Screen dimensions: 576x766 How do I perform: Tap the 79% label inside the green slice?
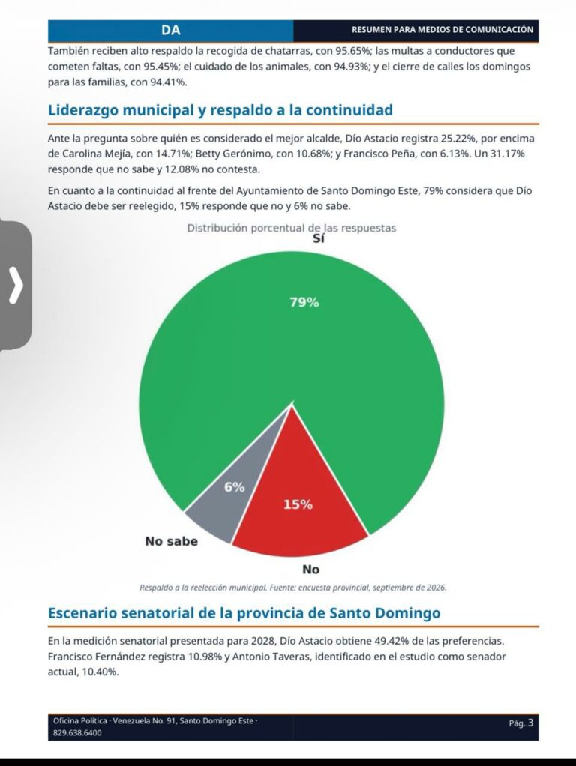coord(304,302)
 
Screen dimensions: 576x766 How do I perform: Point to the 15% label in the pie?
coord(298,504)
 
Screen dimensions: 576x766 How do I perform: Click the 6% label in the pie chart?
coord(234,487)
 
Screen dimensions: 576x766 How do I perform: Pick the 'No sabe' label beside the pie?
coord(172,541)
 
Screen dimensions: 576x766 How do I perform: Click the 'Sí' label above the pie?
coord(318,238)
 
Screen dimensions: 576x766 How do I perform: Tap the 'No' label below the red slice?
coord(311,570)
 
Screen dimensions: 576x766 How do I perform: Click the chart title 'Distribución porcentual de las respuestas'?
coord(292,228)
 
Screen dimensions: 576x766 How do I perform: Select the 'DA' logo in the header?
coord(171,30)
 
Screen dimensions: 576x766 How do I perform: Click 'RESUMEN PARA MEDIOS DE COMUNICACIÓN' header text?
coord(442,30)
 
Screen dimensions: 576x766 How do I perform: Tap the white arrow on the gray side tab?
coord(16,285)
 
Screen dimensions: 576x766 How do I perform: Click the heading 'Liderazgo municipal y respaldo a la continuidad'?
coord(220,110)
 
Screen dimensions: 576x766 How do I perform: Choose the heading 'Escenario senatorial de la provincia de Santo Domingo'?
coord(244,612)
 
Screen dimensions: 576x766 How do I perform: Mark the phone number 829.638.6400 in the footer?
coord(77,733)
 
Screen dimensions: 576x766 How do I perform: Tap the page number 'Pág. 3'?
coord(521,723)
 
